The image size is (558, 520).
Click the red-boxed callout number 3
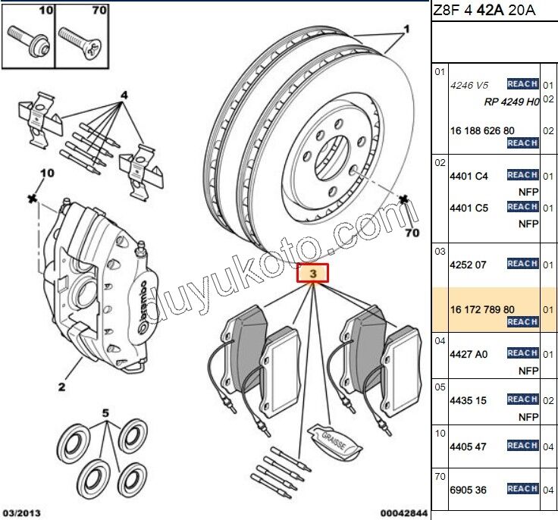point(312,272)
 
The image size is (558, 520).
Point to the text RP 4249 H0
point(511,102)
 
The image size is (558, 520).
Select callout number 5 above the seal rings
point(105,414)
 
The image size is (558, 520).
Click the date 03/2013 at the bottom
point(20,513)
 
